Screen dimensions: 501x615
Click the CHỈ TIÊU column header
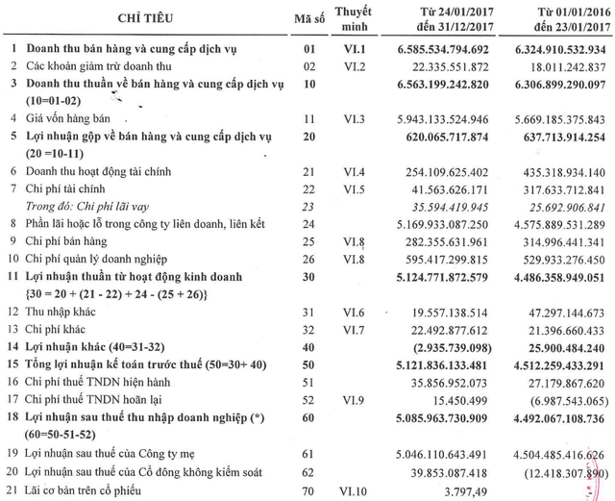click(x=120, y=19)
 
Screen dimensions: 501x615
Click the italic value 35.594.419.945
click(x=467, y=205)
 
